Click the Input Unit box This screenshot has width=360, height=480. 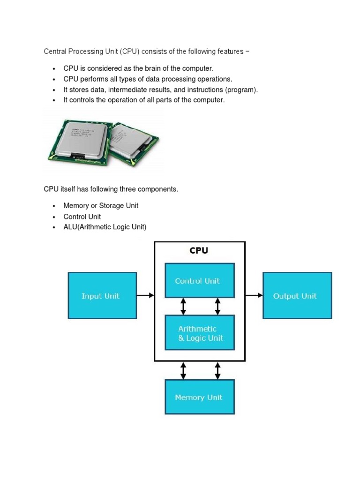(102, 296)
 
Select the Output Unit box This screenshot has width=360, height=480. (297, 296)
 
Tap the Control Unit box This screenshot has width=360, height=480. (199, 280)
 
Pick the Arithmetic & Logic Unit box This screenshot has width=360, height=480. (199, 333)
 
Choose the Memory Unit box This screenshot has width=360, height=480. (199, 397)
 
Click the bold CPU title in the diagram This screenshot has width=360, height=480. (199, 250)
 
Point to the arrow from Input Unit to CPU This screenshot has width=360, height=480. (145, 295)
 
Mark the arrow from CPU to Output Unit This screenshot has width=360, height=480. (254, 295)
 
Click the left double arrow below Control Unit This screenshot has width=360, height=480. (183, 307)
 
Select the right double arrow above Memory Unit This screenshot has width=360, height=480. (217, 370)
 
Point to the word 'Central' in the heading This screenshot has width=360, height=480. (56, 51)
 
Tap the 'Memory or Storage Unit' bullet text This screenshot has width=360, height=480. (101, 206)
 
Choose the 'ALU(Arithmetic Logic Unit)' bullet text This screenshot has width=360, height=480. (105, 227)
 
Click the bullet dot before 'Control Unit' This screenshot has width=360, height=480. (54, 217)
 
